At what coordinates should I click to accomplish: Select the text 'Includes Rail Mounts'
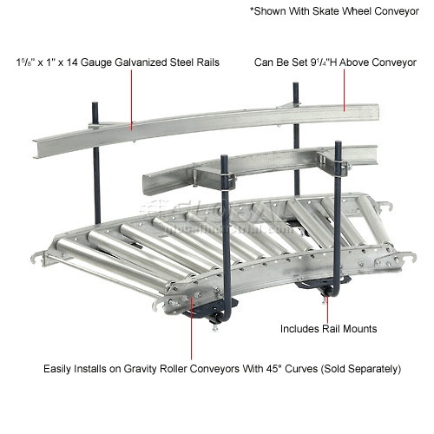[x=327, y=329]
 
